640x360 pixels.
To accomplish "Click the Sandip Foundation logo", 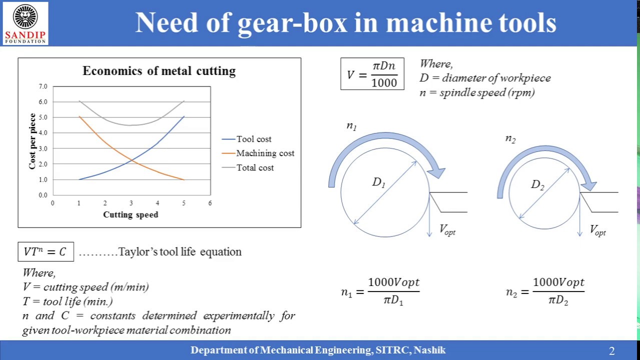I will coord(25,23).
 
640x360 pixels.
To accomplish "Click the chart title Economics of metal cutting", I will coord(159,71).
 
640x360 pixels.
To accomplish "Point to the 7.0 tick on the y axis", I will coord(43,86).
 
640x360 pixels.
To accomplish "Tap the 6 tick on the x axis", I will coord(210,203).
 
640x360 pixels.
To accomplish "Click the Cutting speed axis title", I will coord(130,214).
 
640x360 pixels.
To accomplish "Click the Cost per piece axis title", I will coord(32,141).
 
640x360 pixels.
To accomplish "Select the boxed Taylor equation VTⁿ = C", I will coord(45,251).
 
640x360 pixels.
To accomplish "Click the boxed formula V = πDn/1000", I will coord(372,74).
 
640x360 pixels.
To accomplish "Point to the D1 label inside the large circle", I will coord(378,182).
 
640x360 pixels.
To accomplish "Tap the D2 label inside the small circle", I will coord(537,185).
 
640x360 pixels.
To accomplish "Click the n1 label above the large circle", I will coord(351,126).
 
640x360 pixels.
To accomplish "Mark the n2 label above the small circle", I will coord(510,139).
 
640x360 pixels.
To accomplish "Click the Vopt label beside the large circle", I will coord(447,230).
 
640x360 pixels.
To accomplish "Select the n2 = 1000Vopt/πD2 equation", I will coord(545,291).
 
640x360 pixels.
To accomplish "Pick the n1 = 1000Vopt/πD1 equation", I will coord(380,291).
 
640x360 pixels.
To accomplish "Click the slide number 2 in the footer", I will coord(611,351).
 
